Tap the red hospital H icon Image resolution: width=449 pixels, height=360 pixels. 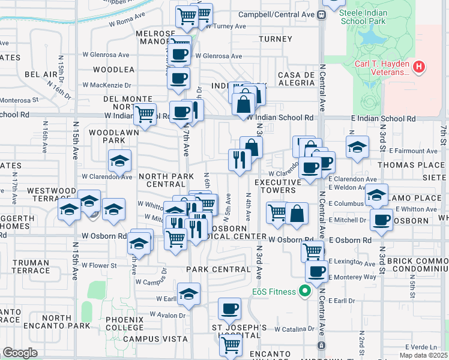coord(420,66)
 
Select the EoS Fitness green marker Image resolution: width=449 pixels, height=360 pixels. coord(304,292)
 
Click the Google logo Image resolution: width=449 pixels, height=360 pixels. coord(20,353)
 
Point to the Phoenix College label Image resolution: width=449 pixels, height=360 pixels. coord(124,323)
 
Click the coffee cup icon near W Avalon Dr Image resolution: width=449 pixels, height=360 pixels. coord(229,310)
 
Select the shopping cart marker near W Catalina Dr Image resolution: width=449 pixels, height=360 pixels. coord(231,345)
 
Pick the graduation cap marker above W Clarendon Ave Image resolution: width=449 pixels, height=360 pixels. coord(119,161)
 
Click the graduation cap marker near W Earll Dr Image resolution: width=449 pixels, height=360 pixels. coord(188,294)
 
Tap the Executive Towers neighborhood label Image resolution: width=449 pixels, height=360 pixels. coord(277,186)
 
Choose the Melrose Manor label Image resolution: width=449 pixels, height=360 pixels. coord(155,37)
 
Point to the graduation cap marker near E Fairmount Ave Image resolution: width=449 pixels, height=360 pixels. coord(357,148)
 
